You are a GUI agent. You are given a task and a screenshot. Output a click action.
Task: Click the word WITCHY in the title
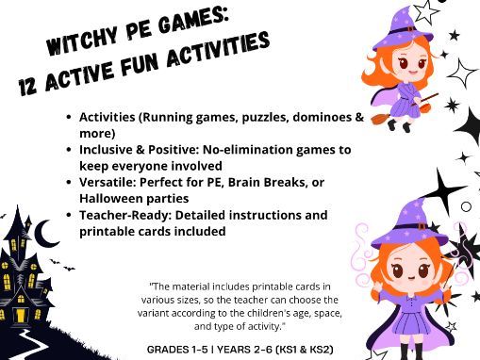(x=83, y=44)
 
